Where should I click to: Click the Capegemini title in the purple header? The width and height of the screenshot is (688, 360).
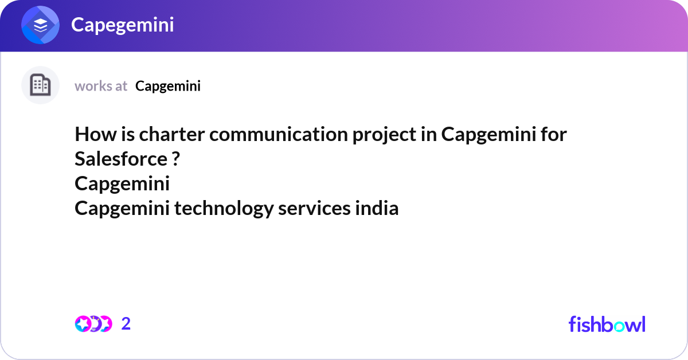click(122, 25)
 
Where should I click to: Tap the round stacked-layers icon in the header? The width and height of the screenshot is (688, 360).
click(41, 26)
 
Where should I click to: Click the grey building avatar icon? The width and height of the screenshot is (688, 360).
click(40, 85)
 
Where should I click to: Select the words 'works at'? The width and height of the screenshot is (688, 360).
click(101, 86)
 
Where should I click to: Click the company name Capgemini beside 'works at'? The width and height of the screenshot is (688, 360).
click(168, 86)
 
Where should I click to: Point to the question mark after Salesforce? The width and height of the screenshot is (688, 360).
click(175, 159)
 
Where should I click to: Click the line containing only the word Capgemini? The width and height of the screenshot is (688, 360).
click(122, 184)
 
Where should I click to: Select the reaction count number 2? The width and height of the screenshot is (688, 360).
click(126, 324)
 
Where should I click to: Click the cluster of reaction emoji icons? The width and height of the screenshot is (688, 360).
click(93, 324)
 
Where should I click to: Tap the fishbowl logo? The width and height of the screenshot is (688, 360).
click(607, 324)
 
